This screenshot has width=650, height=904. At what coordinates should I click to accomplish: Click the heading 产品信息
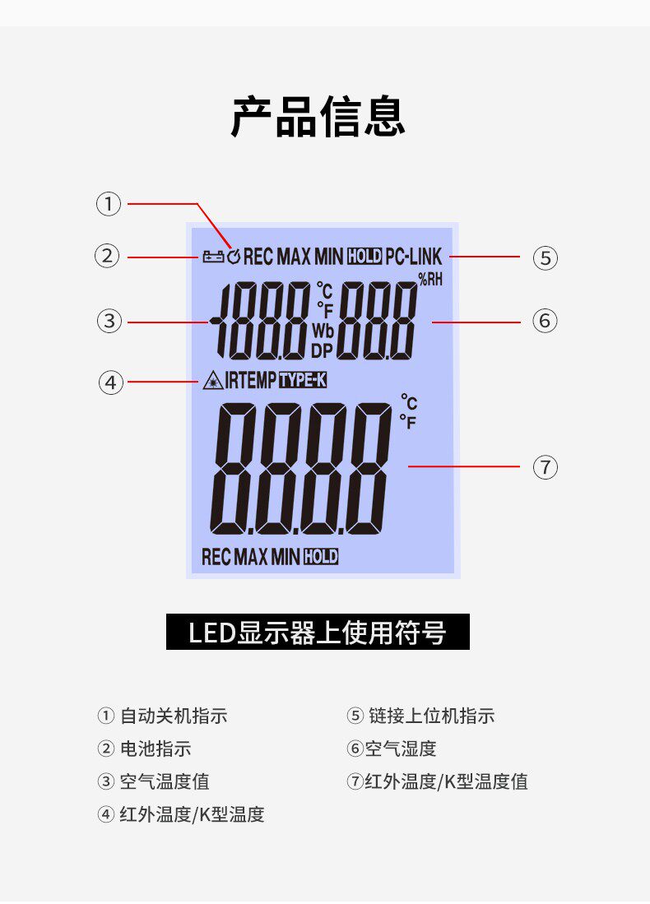pyautogui.click(x=318, y=116)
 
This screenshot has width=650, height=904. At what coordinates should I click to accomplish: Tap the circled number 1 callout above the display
pyautogui.click(x=109, y=204)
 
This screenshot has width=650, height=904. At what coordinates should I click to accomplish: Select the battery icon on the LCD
pyautogui.click(x=212, y=257)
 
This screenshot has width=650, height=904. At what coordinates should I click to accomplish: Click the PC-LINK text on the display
pyautogui.click(x=413, y=257)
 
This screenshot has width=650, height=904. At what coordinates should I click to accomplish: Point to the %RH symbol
pyautogui.click(x=430, y=280)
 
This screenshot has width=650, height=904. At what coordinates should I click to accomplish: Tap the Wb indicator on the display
pyautogui.click(x=322, y=330)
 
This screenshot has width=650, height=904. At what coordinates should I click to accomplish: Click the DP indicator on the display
pyautogui.click(x=321, y=350)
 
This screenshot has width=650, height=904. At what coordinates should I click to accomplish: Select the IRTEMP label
pyautogui.click(x=250, y=381)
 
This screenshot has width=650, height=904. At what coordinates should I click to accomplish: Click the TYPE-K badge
pyautogui.click(x=303, y=381)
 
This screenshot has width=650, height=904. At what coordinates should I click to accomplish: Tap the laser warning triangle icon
pyautogui.click(x=211, y=381)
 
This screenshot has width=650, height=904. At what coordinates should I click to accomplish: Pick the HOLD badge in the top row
pyautogui.click(x=364, y=257)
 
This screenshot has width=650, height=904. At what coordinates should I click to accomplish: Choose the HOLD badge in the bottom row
pyautogui.click(x=321, y=557)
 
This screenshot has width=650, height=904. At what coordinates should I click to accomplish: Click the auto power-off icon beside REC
pyautogui.click(x=234, y=257)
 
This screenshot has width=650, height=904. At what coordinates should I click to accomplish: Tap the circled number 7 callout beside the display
pyautogui.click(x=545, y=467)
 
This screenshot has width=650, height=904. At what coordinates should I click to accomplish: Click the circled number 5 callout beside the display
pyautogui.click(x=545, y=257)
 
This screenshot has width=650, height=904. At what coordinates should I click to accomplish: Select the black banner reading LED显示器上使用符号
pyautogui.click(x=318, y=633)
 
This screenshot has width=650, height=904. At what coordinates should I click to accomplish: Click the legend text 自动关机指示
pyautogui.click(x=174, y=716)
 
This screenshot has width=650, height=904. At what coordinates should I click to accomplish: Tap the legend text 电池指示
pyautogui.click(x=156, y=749)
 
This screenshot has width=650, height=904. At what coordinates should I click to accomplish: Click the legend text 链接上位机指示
pyautogui.click(x=431, y=716)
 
